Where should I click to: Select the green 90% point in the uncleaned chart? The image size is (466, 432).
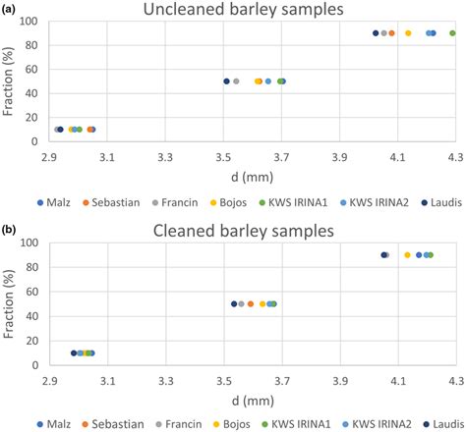(452, 33)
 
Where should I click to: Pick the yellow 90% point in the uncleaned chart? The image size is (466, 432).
(408, 33)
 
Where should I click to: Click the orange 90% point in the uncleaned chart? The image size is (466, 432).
(391, 33)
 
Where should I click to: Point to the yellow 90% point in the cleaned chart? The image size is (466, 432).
(407, 255)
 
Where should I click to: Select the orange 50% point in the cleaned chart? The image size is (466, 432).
(251, 304)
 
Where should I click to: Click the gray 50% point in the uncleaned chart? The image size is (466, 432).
(236, 81)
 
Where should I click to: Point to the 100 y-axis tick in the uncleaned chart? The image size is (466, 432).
(29, 22)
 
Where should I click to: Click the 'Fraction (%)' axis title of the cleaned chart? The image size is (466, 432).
(10, 304)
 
